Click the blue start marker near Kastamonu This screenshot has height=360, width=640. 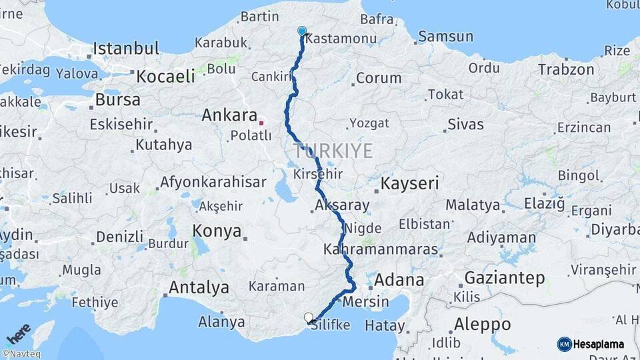[x=302, y=31]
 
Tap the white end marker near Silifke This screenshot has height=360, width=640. [x=308, y=317]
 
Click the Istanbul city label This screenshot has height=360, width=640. [x=126, y=48]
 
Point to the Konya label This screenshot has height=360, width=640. [x=217, y=231]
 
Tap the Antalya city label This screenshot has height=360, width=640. [x=199, y=287]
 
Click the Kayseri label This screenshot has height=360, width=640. [x=409, y=183]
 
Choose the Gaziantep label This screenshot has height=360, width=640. [x=504, y=277]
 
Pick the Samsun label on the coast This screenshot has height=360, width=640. [x=445, y=37]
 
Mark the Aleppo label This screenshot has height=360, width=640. [x=482, y=325]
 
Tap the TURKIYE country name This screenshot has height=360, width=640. [x=333, y=151]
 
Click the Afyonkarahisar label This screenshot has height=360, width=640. [x=213, y=182]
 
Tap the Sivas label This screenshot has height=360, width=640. [x=465, y=123]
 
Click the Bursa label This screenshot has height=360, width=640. [x=118, y=100]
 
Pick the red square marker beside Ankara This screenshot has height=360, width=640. [x=261, y=123]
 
